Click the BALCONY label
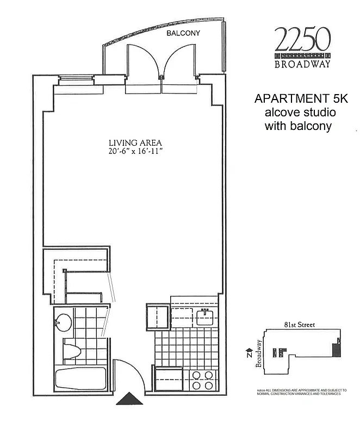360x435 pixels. click(183, 33)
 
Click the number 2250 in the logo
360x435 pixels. click(302, 39)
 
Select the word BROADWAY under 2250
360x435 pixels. click(303, 64)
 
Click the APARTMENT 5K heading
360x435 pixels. click(295, 100)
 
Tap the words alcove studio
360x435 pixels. click(300, 113)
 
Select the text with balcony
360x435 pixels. click(298, 127)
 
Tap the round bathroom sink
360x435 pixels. click(64, 321)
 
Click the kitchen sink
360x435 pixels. click(204, 316)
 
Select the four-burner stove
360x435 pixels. click(202, 380)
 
